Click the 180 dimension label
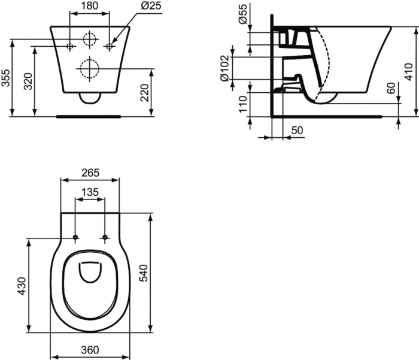[90, 7]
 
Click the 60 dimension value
[391, 90]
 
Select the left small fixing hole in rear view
[70, 46]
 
